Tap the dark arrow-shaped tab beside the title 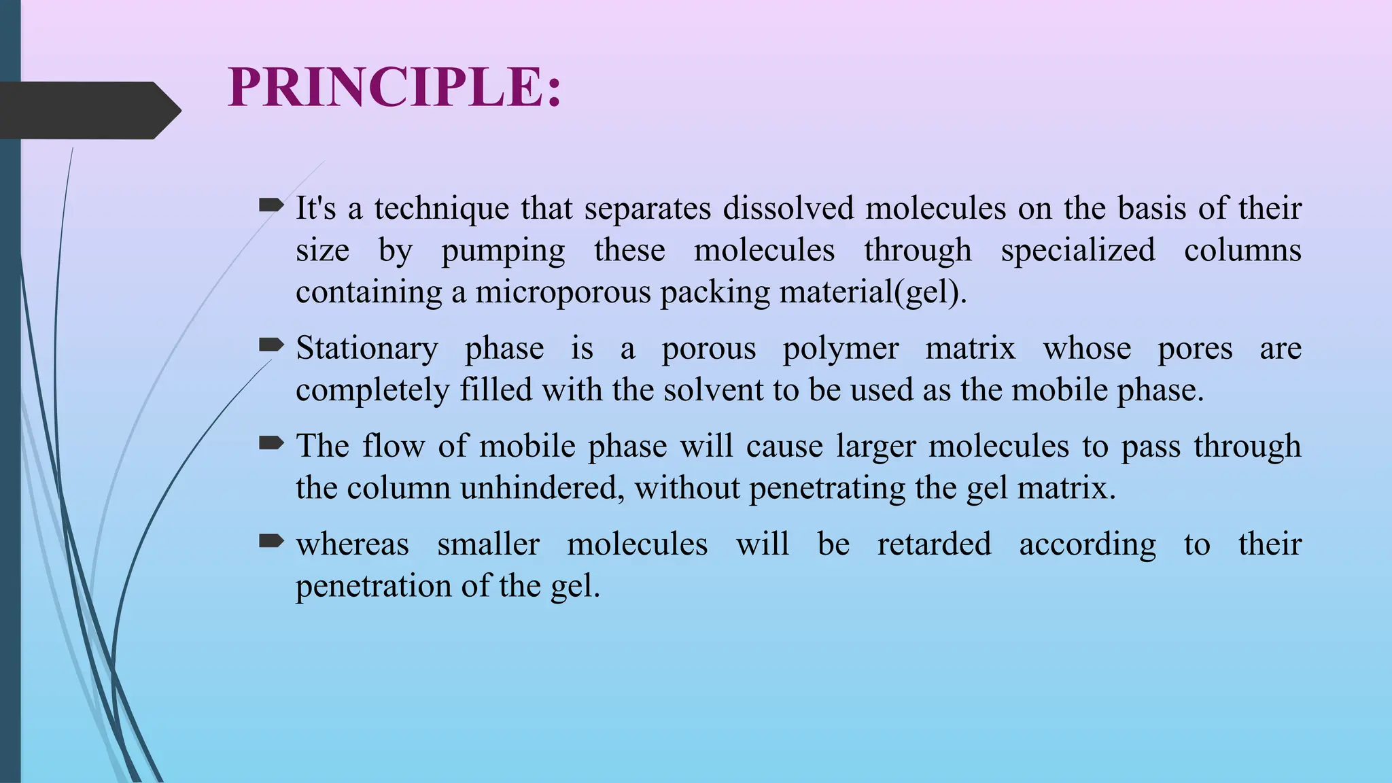click(x=88, y=111)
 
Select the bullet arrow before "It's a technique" click(x=271, y=205)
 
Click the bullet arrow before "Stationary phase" click(x=271, y=345)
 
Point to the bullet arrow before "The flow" click(x=271, y=444)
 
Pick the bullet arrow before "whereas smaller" click(x=271, y=541)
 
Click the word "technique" click(x=441, y=208)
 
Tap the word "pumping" click(x=503, y=250)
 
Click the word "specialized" click(x=1077, y=249)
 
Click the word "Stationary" click(x=367, y=349)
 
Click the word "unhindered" click(x=542, y=488)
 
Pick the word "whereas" click(x=352, y=544)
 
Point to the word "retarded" click(x=934, y=544)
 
